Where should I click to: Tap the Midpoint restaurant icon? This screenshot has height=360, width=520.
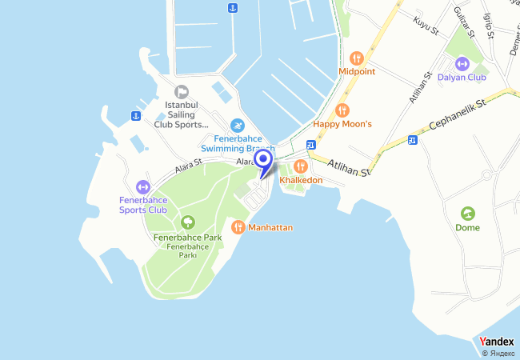point(357,58)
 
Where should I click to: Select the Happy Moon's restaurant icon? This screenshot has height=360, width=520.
point(342,110)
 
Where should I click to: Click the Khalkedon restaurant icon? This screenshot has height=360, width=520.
point(301,166)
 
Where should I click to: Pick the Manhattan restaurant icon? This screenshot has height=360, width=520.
point(238,227)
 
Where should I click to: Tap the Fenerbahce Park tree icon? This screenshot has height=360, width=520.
point(187,222)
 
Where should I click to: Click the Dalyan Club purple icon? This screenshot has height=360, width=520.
point(461,64)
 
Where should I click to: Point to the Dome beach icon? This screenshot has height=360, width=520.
point(467,213)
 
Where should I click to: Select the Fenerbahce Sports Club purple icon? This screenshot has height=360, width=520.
point(143,186)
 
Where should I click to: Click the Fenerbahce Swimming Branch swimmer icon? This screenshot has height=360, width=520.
point(237,126)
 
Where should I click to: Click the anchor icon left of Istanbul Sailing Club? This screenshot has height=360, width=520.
point(136,117)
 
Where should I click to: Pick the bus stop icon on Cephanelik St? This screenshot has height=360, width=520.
point(413,141)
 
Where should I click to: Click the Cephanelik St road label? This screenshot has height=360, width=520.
point(458,116)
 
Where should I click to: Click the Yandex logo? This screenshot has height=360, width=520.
point(497,342)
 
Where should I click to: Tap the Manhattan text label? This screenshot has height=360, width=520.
point(270,228)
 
